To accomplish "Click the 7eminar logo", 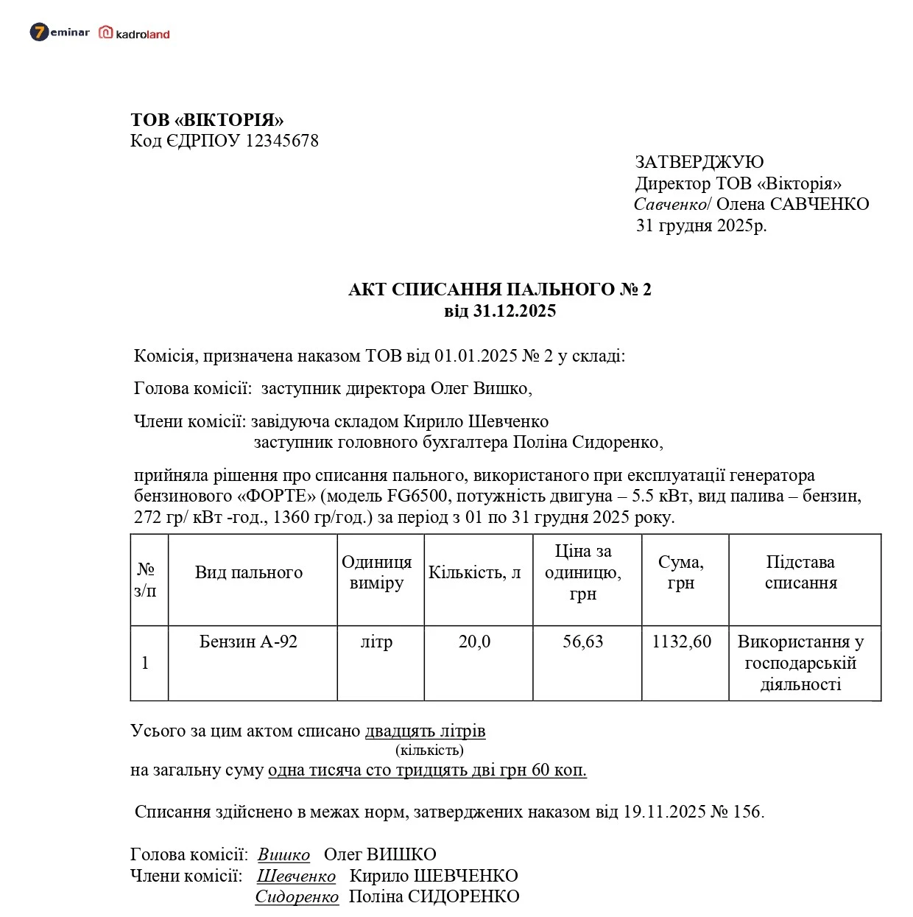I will (59, 32).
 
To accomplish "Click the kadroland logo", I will (135, 33).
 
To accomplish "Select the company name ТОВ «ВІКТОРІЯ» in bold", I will (207, 120).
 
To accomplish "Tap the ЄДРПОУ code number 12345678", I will (281, 141).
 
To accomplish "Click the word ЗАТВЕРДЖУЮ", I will (699, 162).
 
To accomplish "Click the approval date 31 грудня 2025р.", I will (701, 225).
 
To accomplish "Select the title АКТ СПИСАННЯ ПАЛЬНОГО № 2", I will (499, 289).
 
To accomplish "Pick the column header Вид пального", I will (249, 573).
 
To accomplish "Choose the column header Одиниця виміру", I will (376, 572).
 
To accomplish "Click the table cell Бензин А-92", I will (249, 642).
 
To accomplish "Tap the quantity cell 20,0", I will (474, 642).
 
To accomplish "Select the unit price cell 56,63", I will (582, 642).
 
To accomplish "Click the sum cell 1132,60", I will (681, 642).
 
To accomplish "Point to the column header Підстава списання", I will (800, 572).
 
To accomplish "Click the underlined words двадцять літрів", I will (425, 731).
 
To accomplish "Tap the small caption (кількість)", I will (429, 751).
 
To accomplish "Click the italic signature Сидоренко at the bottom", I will (297, 897).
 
